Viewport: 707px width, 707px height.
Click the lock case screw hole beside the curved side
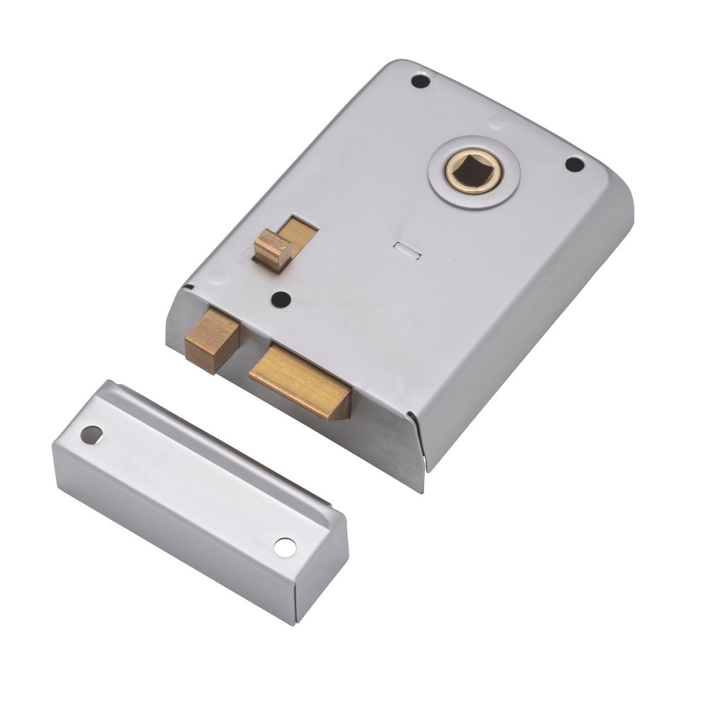(575, 165)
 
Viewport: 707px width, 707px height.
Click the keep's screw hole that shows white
(284, 547)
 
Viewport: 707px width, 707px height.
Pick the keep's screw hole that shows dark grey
(90, 433)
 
